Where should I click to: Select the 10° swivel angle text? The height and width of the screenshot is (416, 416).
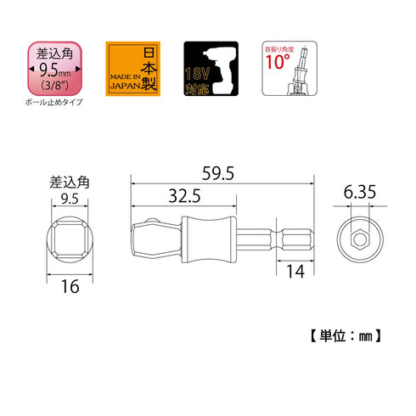pos(278,65)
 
